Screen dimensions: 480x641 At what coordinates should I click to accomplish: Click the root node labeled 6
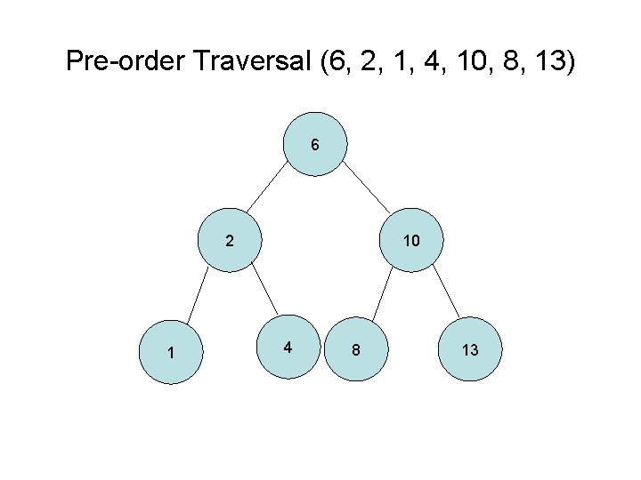315,144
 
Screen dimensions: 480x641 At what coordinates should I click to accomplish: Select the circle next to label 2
230,240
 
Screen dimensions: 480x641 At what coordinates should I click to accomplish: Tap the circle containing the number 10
410,240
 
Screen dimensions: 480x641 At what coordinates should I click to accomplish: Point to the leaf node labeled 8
355,350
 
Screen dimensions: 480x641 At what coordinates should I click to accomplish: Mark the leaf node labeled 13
470,350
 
